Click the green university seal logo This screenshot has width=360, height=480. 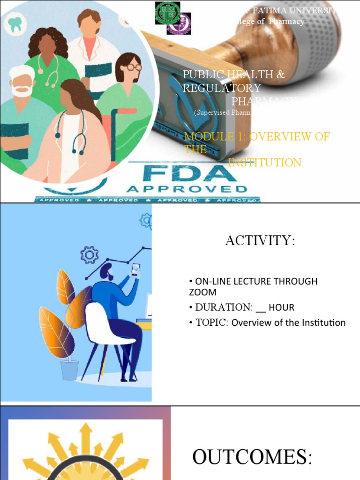pyautogui.click(x=167, y=13)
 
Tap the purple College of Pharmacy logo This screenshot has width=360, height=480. pyautogui.click(x=179, y=23)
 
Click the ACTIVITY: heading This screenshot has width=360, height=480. pyautogui.click(x=260, y=240)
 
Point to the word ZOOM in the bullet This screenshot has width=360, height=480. pyautogui.click(x=202, y=292)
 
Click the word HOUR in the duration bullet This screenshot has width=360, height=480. pyautogui.click(x=281, y=307)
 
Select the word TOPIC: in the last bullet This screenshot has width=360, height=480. pyautogui.click(x=209, y=322)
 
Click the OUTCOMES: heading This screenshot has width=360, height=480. pyautogui.click(x=252, y=457)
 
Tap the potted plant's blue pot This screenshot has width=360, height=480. pyautogui.click(x=69, y=369)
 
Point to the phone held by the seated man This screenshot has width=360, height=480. pyautogui.click(x=135, y=270)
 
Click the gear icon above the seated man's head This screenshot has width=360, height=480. pyautogui.click(x=89, y=255)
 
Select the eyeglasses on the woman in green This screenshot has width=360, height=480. pyautogui.click(x=133, y=67)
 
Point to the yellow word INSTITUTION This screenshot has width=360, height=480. pyautogui.click(x=264, y=163)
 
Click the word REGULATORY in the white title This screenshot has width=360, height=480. pyautogui.click(x=222, y=88)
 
